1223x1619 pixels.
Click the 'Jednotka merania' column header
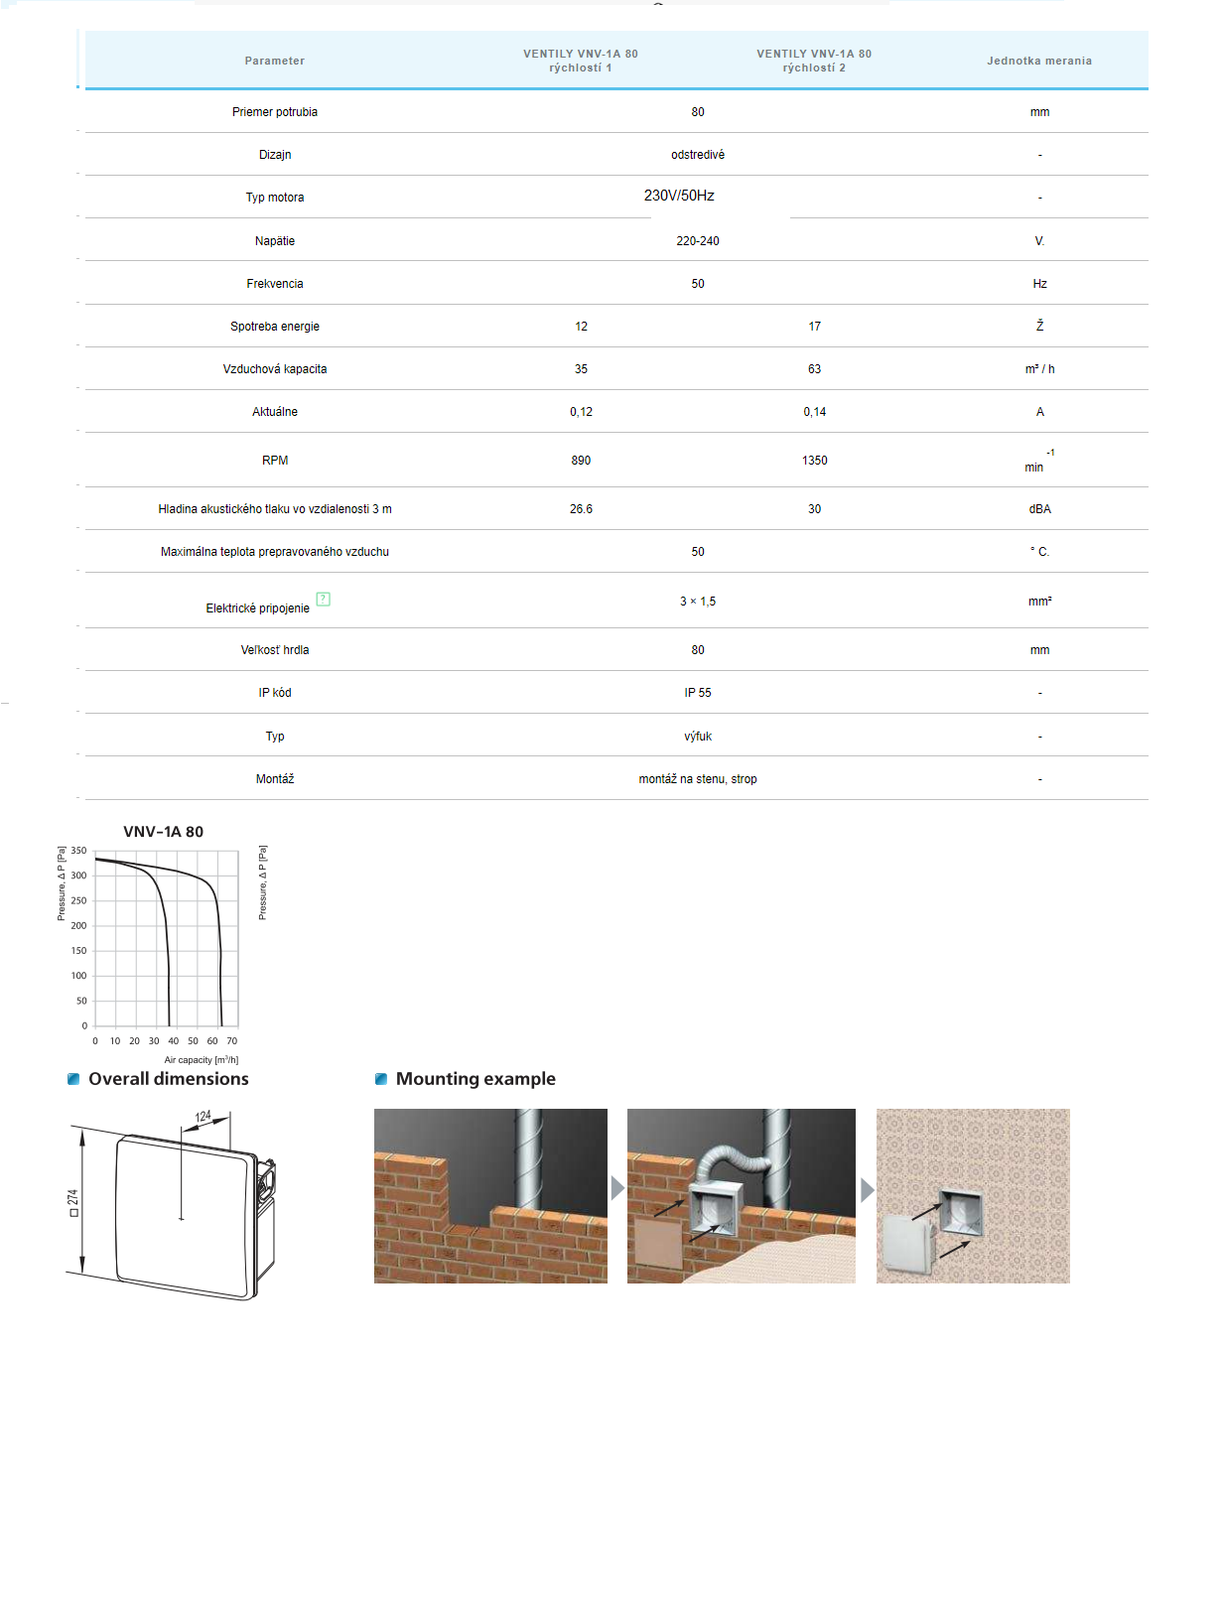[1038, 61]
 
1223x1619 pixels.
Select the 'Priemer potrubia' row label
[275, 112]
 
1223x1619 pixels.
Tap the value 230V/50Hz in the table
[679, 196]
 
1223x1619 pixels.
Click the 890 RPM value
[581, 461]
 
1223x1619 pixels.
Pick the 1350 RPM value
[814, 461]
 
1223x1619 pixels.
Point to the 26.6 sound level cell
[581, 509]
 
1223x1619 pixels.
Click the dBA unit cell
[1039, 509]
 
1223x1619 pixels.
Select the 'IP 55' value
[697, 693]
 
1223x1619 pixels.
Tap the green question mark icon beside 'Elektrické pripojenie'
[323, 599]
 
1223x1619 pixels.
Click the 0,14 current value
[814, 412]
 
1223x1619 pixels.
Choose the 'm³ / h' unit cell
[1039, 369]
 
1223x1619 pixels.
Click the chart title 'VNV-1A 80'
[163, 832]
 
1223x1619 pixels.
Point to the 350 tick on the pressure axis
[78, 851]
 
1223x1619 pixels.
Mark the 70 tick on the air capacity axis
[231, 1041]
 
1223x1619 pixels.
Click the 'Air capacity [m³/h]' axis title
[201, 1060]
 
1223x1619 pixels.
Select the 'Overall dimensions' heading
[168, 1079]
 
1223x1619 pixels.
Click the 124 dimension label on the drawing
[204, 1117]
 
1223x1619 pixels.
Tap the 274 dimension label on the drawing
[72, 1198]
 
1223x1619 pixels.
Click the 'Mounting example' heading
[475, 1079]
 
